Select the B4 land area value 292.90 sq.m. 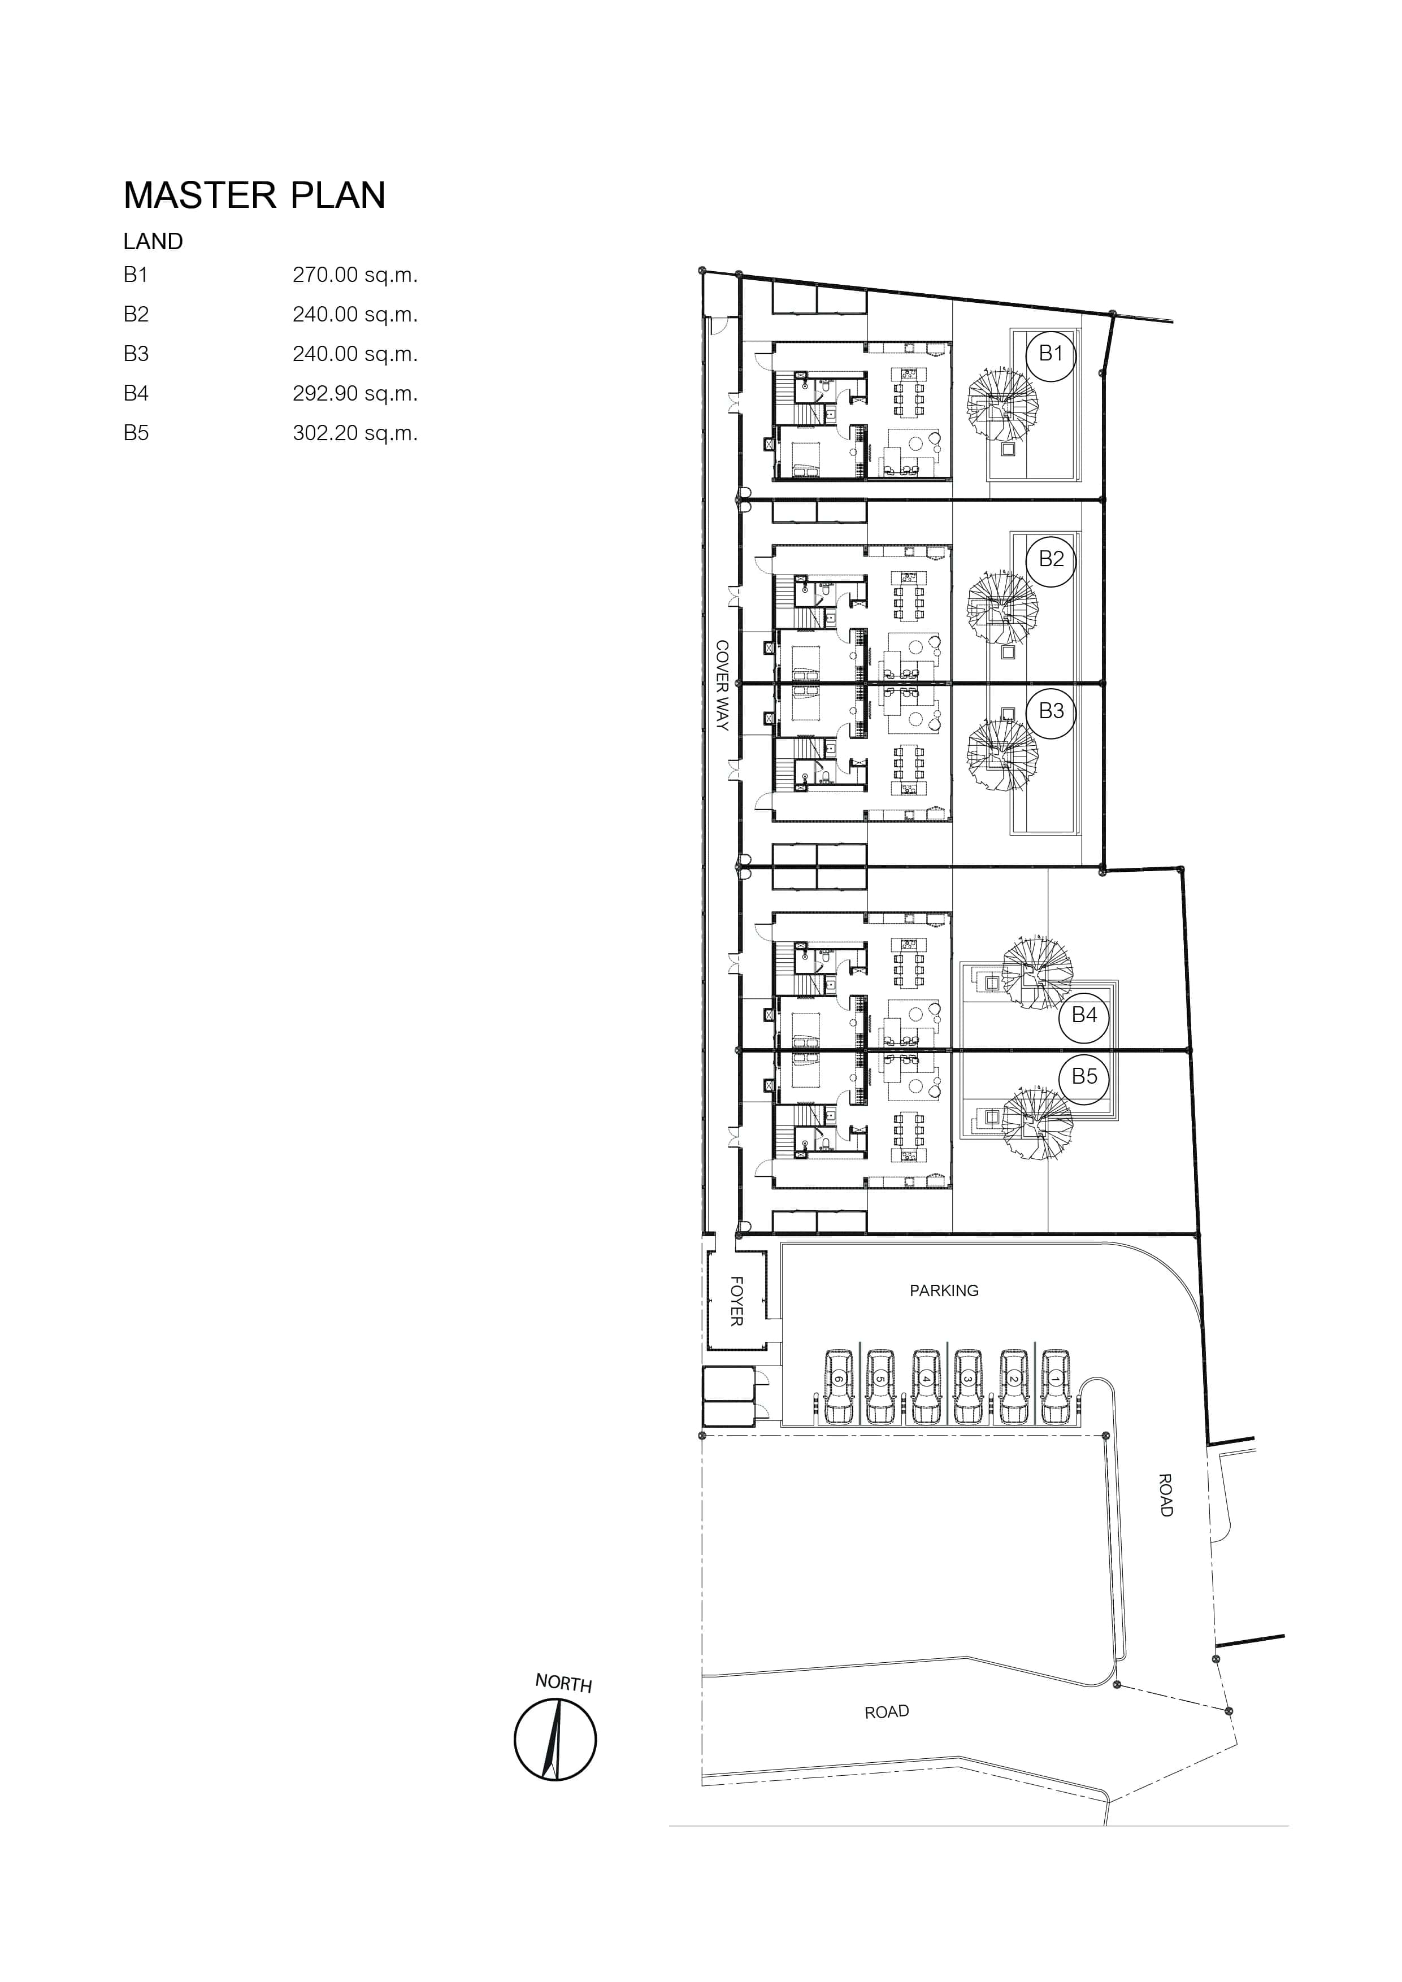pyautogui.click(x=355, y=394)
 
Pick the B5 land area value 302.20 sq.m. pyautogui.click(x=355, y=433)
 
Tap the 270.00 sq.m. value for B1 pyautogui.click(x=355, y=275)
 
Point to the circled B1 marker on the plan pyautogui.click(x=1051, y=353)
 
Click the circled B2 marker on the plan pyautogui.click(x=1051, y=559)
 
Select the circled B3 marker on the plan pyautogui.click(x=1051, y=711)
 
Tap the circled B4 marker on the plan pyautogui.click(x=1084, y=1015)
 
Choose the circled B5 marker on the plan pyautogui.click(x=1084, y=1076)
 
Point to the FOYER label pyautogui.click(x=736, y=1301)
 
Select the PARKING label pyautogui.click(x=944, y=1290)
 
